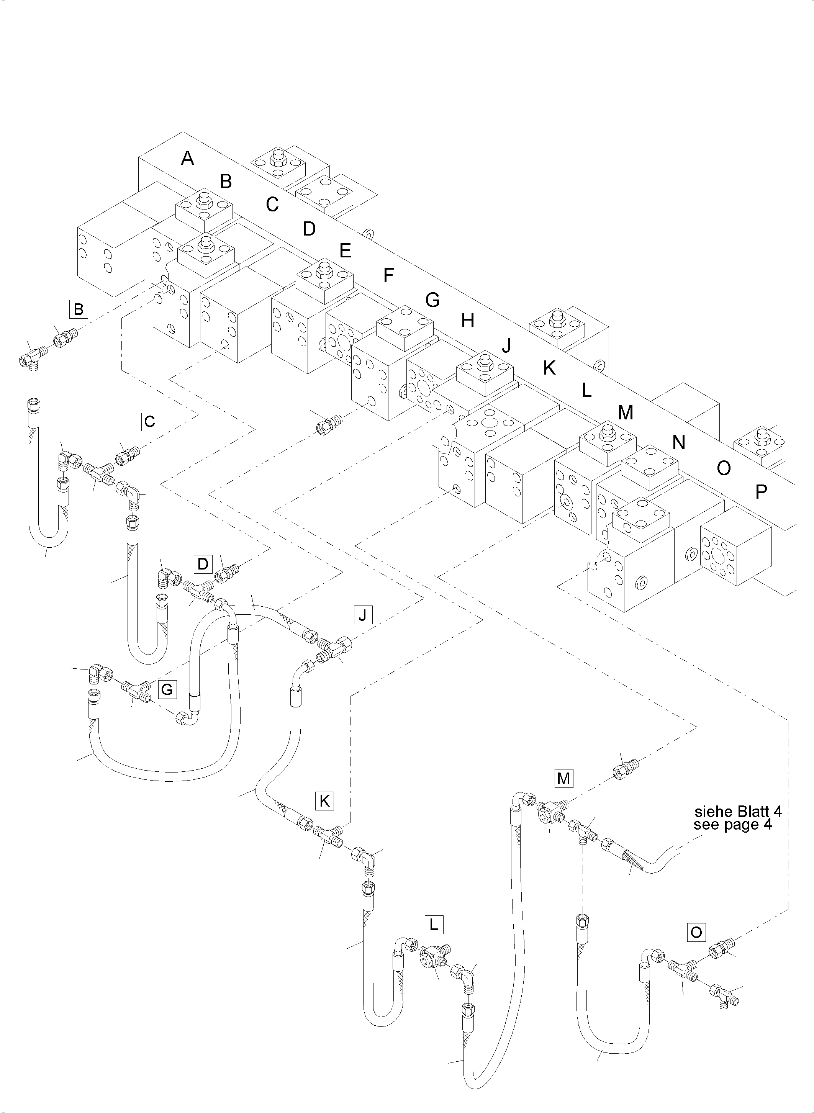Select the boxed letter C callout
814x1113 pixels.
point(150,422)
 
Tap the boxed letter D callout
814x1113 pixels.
point(203,564)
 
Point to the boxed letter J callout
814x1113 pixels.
point(363,615)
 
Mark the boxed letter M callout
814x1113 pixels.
point(563,779)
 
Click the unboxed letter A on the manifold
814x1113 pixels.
point(187,159)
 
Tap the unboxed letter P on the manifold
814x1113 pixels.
point(761,491)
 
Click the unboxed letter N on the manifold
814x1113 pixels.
point(678,443)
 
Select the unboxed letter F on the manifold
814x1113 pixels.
point(388,275)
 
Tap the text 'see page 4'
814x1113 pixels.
point(732,824)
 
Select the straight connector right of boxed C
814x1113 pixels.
point(127,455)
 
